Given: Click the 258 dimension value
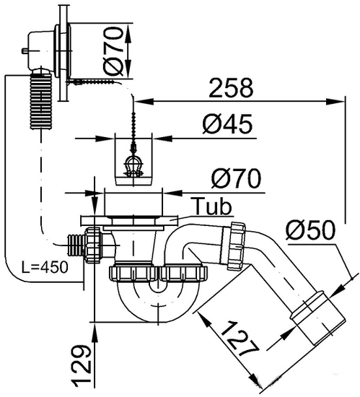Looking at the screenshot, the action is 231,87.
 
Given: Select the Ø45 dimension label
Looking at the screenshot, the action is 227,124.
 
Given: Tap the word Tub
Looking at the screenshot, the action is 211,206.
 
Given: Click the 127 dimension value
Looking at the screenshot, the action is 240,339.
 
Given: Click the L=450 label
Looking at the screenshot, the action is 45,267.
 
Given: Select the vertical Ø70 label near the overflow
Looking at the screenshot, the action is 113,51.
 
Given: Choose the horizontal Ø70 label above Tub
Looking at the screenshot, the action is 236,178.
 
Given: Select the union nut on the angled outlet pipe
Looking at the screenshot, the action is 237,245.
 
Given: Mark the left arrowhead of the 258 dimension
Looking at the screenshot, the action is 144,102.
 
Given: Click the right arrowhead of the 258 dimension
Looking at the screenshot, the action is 335,102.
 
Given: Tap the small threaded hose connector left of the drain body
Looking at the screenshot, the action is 76,245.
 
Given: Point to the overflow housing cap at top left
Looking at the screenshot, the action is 40,50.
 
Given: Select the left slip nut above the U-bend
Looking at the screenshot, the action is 133,274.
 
